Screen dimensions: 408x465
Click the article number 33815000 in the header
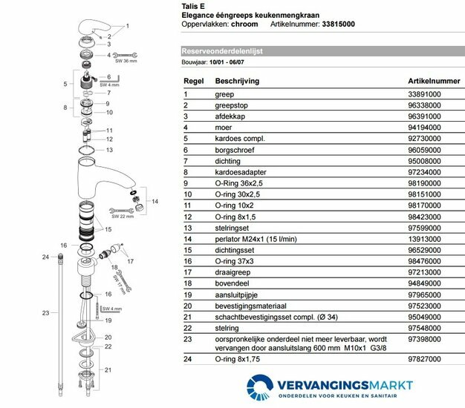pyautogui.click(x=339, y=24)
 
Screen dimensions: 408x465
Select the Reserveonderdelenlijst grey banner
pyautogui.click(x=319, y=52)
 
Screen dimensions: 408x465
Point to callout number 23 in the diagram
pyautogui.click(x=45, y=313)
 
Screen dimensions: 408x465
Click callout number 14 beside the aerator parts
pyautogui.click(x=155, y=201)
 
